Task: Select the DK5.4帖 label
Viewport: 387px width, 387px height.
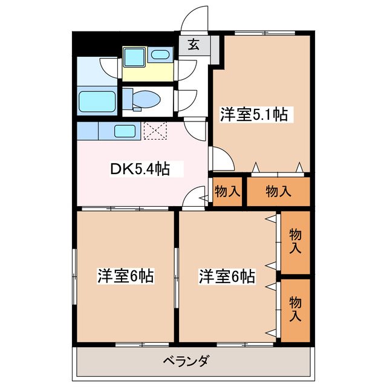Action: (x=138, y=170)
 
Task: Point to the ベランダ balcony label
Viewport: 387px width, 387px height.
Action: (x=186, y=361)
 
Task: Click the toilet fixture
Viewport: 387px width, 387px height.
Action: (x=143, y=99)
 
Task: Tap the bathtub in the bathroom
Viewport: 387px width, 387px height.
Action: (x=96, y=100)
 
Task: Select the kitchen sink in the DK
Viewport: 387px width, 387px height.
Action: (x=125, y=130)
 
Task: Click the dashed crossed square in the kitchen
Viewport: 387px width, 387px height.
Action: (x=156, y=130)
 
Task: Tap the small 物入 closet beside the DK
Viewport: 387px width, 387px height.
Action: (x=227, y=192)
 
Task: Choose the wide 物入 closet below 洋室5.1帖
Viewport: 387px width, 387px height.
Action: (x=278, y=192)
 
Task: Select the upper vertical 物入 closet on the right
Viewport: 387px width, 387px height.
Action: (x=295, y=241)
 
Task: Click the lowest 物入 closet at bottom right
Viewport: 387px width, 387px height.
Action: (x=295, y=308)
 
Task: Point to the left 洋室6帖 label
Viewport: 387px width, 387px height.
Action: (x=125, y=276)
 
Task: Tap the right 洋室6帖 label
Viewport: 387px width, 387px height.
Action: (x=227, y=276)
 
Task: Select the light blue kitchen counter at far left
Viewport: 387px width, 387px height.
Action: (x=86, y=130)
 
